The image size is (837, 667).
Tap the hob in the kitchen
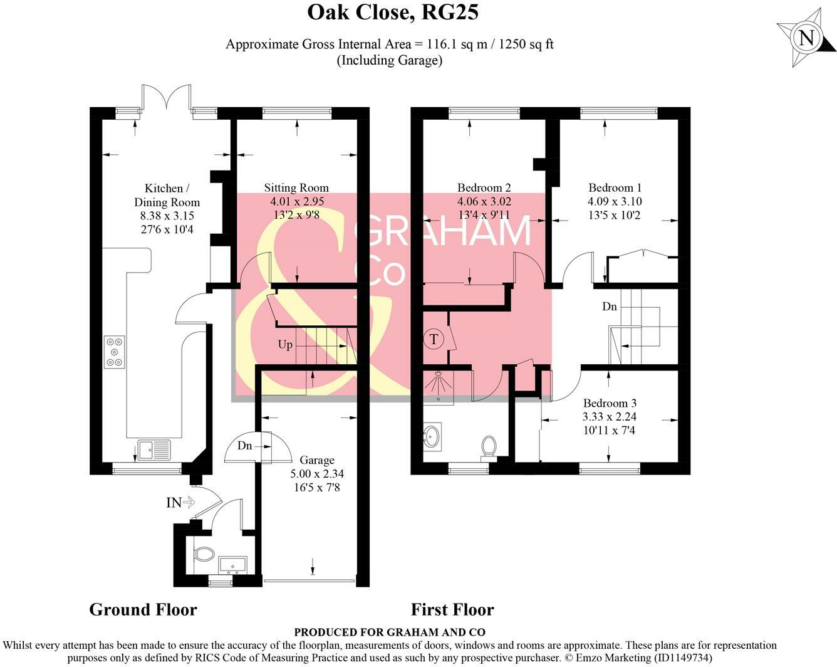coord(115,352)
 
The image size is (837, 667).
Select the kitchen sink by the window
coord(153,450)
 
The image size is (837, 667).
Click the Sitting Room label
coord(296,187)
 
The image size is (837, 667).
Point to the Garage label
coord(317,460)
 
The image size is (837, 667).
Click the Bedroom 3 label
coord(610,403)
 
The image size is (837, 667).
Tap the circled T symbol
coord(434,339)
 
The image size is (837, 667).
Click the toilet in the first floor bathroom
coord(489,448)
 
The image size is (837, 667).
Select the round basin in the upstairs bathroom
coord(432,437)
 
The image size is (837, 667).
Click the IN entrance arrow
coord(180,502)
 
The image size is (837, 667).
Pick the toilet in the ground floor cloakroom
coord(204,553)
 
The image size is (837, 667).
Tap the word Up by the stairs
coord(284,345)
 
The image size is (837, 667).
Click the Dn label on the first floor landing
coord(610,307)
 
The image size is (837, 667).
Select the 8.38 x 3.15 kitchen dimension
coord(167,216)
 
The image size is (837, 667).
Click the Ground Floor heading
coord(143,610)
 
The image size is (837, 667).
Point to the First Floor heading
coord(452,610)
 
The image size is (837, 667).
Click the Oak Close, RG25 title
coord(393,12)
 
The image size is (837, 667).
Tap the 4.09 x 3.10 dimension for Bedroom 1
coord(615,201)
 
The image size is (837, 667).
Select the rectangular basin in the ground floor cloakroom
coord(232,565)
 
